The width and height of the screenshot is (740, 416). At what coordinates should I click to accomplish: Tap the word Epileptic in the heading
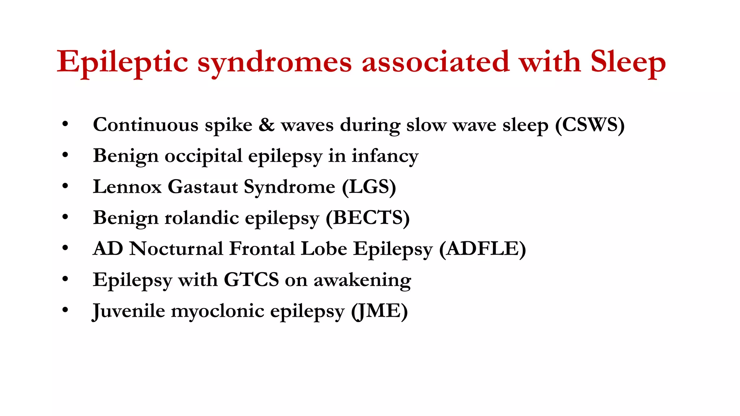[x=122, y=62]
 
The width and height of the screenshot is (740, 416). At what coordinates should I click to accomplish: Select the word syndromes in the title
[x=275, y=62]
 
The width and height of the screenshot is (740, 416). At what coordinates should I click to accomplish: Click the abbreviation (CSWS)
[x=590, y=125]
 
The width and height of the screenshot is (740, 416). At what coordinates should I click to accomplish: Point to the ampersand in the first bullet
[x=266, y=125]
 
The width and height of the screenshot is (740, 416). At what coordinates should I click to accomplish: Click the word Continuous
[x=146, y=125]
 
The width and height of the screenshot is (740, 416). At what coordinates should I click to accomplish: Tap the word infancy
[x=385, y=156]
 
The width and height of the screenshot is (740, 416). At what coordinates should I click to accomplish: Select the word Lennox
[x=127, y=187]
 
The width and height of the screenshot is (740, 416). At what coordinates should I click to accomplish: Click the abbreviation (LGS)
[x=369, y=187]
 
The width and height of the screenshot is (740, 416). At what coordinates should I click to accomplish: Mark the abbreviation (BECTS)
[x=367, y=218]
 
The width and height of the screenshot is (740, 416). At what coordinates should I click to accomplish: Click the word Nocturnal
[x=176, y=249]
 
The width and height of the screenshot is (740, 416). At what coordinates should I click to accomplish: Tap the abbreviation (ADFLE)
[x=482, y=249]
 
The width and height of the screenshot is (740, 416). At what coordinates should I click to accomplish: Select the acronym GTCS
[x=251, y=280]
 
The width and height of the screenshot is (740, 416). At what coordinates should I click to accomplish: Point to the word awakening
[x=362, y=280]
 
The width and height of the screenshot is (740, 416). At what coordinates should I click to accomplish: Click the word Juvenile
[x=129, y=311]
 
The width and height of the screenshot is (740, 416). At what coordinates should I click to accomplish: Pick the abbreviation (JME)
[x=379, y=311]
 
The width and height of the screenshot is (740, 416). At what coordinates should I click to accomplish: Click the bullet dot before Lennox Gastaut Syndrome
[x=65, y=186]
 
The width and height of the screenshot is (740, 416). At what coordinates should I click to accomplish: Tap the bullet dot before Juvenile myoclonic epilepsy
[x=65, y=310]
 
